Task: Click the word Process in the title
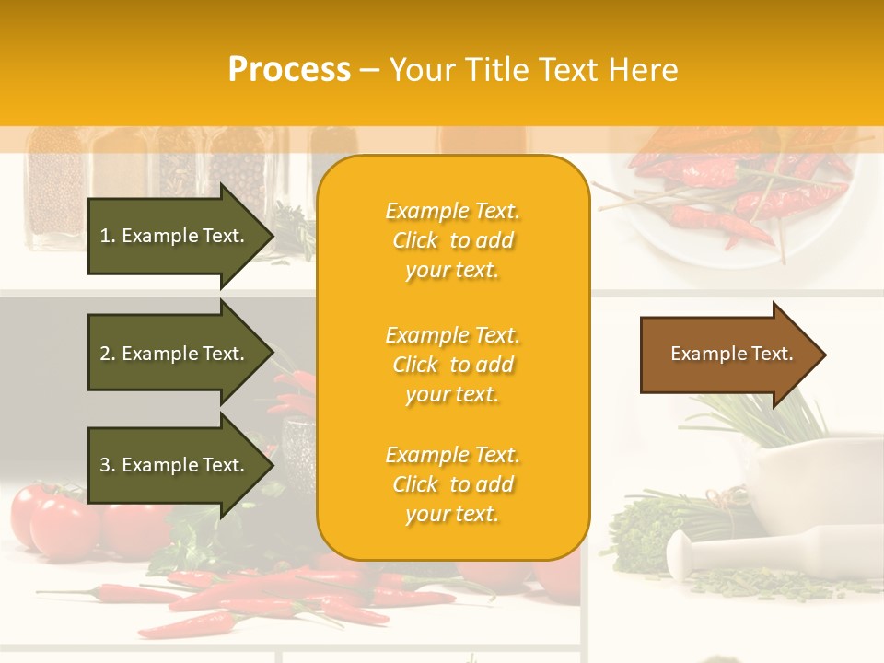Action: tap(289, 70)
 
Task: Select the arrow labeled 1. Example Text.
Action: tap(175, 236)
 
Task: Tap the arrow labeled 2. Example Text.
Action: tap(175, 354)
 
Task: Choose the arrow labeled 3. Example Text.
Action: tap(175, 465)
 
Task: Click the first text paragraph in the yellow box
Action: tap(452, 240)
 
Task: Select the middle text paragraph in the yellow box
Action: tap(452, 365)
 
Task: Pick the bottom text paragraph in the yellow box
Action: tap(452, 484)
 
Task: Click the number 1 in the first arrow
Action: tap(105, 236)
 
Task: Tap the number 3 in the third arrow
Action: tap(105, 465)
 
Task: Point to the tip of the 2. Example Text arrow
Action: tap(273, 354)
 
